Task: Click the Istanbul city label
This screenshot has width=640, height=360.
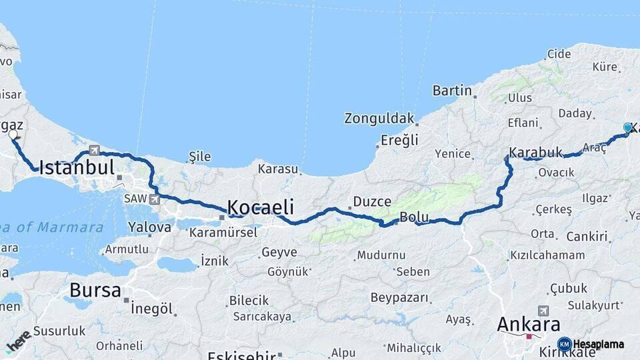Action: [x=77, y=167]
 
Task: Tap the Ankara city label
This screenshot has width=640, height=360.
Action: [x=529, y=325]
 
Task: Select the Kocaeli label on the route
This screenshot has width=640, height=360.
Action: [x=261, y=206]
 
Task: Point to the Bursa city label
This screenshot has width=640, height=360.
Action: [x=95, y=291]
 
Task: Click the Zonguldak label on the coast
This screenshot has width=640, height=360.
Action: [x=379, y=119]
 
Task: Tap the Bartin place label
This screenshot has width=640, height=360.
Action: [x=452, y=91]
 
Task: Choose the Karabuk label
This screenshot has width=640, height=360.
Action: [x=535, y=152]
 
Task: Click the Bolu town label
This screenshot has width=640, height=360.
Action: [x=413, y=217]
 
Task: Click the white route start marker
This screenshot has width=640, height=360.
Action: [x=13, y=135]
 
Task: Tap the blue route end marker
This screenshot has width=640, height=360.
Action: [x=627, y=127]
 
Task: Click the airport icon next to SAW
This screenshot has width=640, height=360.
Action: [x=155, y=199]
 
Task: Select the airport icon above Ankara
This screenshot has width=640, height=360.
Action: [x=543, y=311]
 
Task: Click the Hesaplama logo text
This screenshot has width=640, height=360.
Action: [x=598, y=345]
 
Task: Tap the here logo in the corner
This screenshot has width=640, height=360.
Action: [x=19, y=340]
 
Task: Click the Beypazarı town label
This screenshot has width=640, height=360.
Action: [x=399, y=297]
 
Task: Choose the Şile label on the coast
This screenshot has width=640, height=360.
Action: [x=199, y=157]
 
